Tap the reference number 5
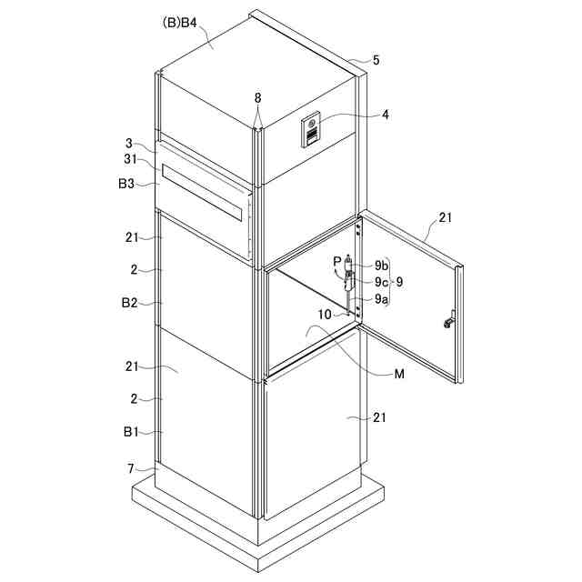376,61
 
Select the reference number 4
386,115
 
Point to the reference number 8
257,96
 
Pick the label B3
126,184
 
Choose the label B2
128,303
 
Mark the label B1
128,433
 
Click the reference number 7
131,467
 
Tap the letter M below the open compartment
400,373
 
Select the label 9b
380,265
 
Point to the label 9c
380,282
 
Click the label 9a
380,298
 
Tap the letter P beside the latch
337,261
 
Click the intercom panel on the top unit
311,131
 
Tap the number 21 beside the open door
445,217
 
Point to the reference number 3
130,144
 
